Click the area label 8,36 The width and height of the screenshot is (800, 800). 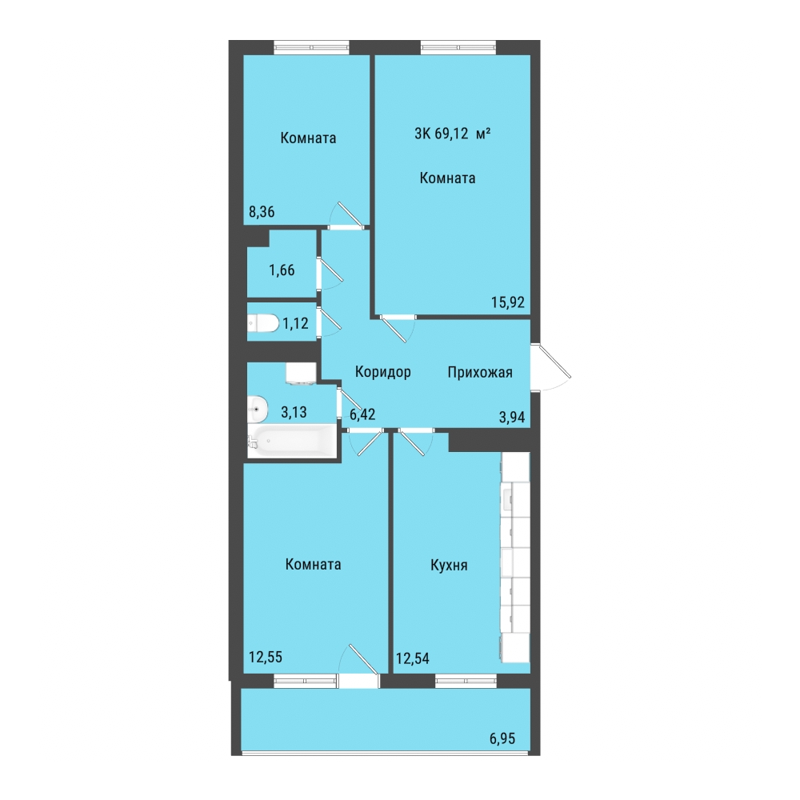click(x=262, y=212)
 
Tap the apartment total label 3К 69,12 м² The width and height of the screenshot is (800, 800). click(x=453, y=134)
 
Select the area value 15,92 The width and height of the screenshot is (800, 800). click(x=508, y=302)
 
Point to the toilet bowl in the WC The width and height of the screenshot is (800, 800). click(x=263, y=323)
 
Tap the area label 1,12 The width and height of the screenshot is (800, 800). click(x=296, y=323)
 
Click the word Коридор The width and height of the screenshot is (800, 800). click(x=382, y=372)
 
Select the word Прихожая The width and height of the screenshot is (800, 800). click(x=480, y=373)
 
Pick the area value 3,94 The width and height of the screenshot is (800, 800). click(x=512, y=418)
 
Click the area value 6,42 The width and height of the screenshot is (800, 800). click(x=362, y=414)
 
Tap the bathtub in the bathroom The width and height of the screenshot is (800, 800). click(x=291, y=441)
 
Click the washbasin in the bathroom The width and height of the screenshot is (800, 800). click(x=258, y=409)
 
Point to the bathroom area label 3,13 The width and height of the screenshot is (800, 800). click(x=294, y=412)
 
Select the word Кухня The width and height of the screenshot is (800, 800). click(x=449, y=566)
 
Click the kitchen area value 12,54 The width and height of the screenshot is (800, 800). click(x=412, y=658)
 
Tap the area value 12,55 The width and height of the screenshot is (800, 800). click(x=266, y=657)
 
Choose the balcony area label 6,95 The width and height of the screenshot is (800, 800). click(x=502, y=738)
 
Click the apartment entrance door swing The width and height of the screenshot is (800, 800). click(x=551, y=367)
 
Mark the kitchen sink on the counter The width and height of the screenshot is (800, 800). click(x=508, y=499)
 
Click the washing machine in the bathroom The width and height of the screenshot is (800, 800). click(x=301, y=373)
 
